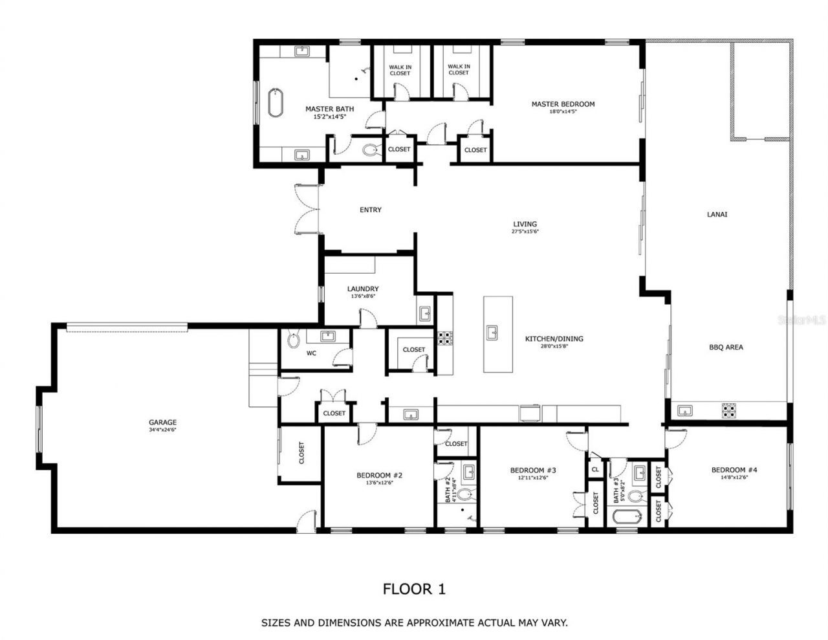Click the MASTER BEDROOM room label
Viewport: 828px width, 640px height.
pos(563,104)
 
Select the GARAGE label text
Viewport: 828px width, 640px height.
pos(164,423)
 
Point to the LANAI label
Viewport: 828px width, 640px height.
pos(717,214)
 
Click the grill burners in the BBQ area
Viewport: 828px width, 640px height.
pos(729,410)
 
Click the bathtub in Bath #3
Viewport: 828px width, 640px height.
pos(626,517)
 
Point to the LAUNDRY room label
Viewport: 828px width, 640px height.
pos(363,289)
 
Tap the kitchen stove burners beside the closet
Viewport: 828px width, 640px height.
pos(445,337)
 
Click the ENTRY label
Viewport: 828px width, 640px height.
pos(371,210)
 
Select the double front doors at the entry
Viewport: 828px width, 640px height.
pos(307,209)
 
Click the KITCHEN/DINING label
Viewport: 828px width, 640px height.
pos(554,338)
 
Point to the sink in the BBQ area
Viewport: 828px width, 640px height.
pos(685,410)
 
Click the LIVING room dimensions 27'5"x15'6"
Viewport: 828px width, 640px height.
pos(525,231)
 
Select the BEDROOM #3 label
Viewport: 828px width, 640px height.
pos(533,470)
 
